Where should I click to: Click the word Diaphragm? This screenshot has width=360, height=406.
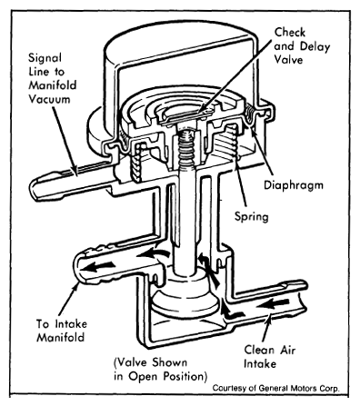point(294,185)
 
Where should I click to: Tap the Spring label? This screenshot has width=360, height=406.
point(252,217)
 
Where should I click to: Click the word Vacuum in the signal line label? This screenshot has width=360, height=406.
point(49,99)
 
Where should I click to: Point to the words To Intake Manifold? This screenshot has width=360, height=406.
point(62,331)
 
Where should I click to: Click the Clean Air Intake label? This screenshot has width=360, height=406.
point(270,356)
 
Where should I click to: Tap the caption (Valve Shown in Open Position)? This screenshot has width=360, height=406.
point(161,369)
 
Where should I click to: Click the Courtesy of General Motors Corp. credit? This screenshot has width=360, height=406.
point(275,388)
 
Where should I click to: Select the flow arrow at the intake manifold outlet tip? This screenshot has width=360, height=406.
point(99,266)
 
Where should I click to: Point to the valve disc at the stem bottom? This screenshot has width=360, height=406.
point(185,300)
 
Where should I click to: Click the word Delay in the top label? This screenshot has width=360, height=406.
point(315,46)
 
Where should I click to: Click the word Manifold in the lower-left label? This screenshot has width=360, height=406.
point(60,337)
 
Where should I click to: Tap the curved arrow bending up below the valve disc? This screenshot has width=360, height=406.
point(231,312)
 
